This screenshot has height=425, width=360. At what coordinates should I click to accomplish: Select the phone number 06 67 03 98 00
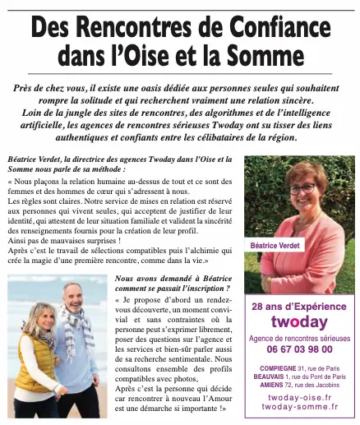(299, 348)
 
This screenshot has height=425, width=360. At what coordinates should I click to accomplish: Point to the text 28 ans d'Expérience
(299, 306)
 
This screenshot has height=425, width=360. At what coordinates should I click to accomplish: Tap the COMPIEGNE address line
(299, 367)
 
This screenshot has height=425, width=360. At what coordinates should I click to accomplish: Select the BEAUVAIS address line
(299, 376)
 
